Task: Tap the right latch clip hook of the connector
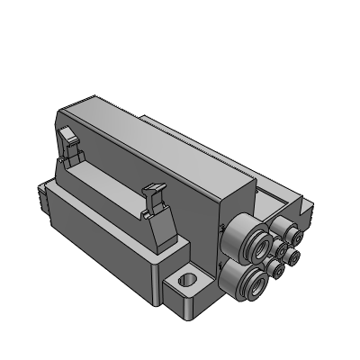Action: [x=152, y=190]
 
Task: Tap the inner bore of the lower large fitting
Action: [x=253, y=283]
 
